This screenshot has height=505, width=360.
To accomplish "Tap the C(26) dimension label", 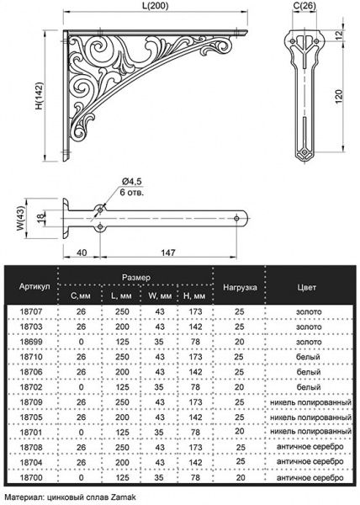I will click(305, 8).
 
